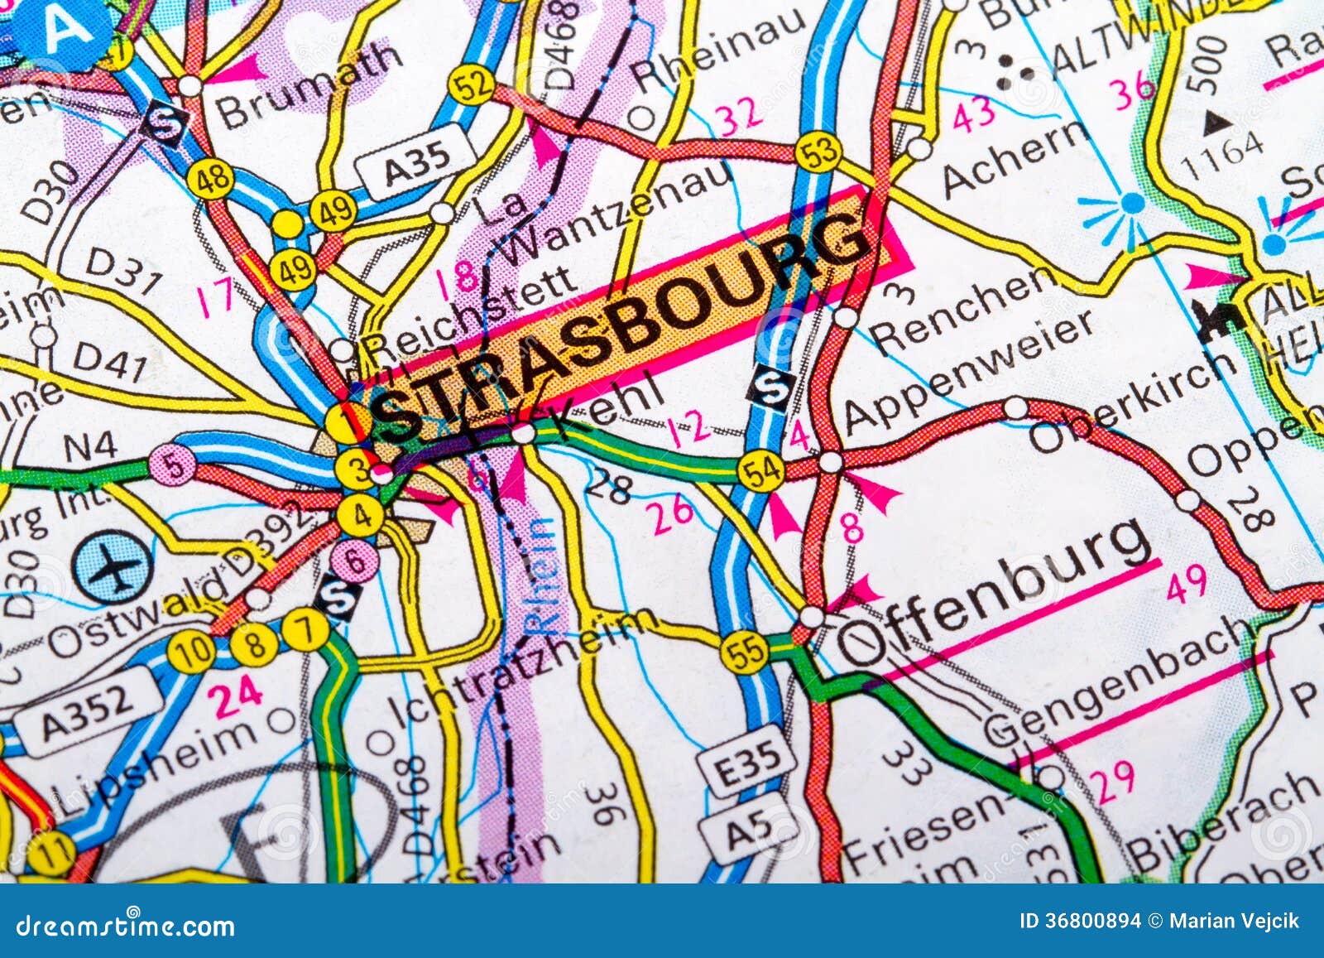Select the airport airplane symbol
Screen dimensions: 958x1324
coord(112,566)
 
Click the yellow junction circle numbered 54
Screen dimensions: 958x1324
coord(761,470)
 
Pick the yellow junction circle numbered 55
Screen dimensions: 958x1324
coord(743,652)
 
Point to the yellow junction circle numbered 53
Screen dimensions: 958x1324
coord(818,153)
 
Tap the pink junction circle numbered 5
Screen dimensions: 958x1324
coord(172,464)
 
